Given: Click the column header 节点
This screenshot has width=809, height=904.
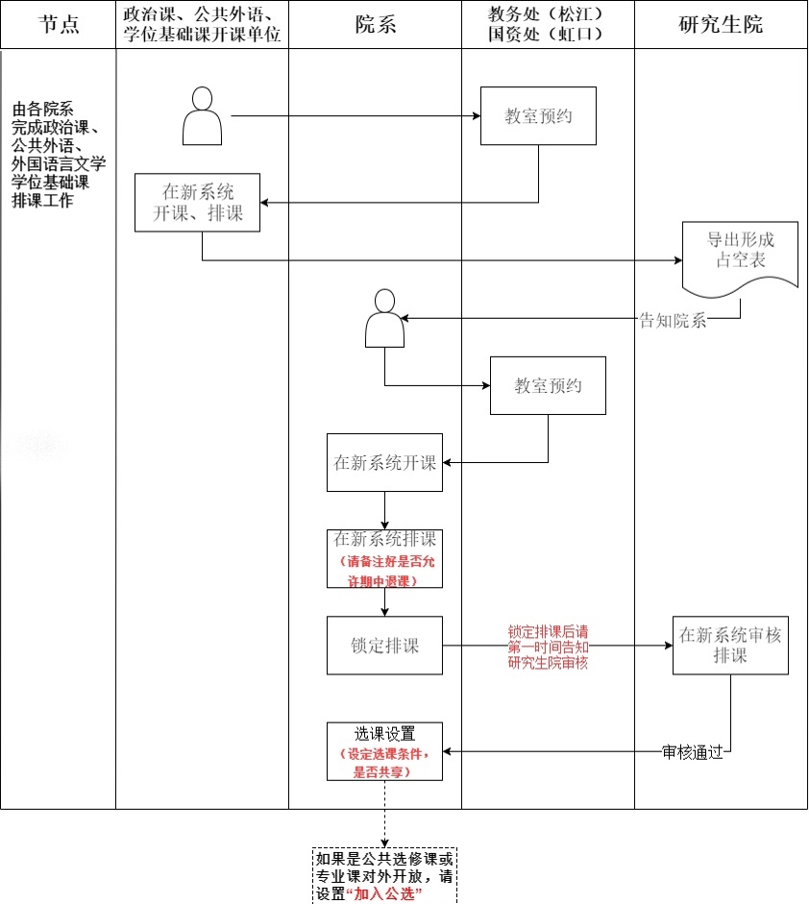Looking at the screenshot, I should click(58, 25).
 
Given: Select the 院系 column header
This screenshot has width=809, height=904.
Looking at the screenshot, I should click(375, 25).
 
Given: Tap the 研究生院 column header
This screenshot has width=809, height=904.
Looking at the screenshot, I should click(721, 25).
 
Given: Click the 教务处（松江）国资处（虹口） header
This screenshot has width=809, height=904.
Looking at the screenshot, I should click(548, 25).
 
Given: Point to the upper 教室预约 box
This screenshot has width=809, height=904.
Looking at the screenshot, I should click(538, 116).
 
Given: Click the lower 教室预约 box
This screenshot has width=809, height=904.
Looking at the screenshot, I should click(548, 385).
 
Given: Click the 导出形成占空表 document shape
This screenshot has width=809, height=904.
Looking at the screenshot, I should click(740, 256).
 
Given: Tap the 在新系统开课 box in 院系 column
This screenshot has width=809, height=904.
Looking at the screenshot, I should click(384, 462).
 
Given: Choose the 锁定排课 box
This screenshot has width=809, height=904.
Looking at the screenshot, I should click(384, 645).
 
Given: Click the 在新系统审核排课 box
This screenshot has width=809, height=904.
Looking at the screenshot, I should click(730, 645).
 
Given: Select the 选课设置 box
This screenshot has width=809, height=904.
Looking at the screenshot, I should click(384, 750).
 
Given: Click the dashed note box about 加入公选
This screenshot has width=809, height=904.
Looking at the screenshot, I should click(384, 875).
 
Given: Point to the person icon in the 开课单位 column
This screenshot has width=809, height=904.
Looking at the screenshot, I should click(202, 116).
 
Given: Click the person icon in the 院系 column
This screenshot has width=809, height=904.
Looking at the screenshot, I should click(384, 318).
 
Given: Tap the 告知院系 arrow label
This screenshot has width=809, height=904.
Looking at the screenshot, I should click(673, 321).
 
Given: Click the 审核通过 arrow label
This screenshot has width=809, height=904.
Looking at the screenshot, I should click(692, 751).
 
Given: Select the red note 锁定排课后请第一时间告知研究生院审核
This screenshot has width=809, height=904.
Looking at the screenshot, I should click(548, 647).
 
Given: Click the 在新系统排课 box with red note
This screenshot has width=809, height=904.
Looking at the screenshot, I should click(384, 558).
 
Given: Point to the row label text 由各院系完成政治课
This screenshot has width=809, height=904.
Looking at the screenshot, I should click(59, 155).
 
